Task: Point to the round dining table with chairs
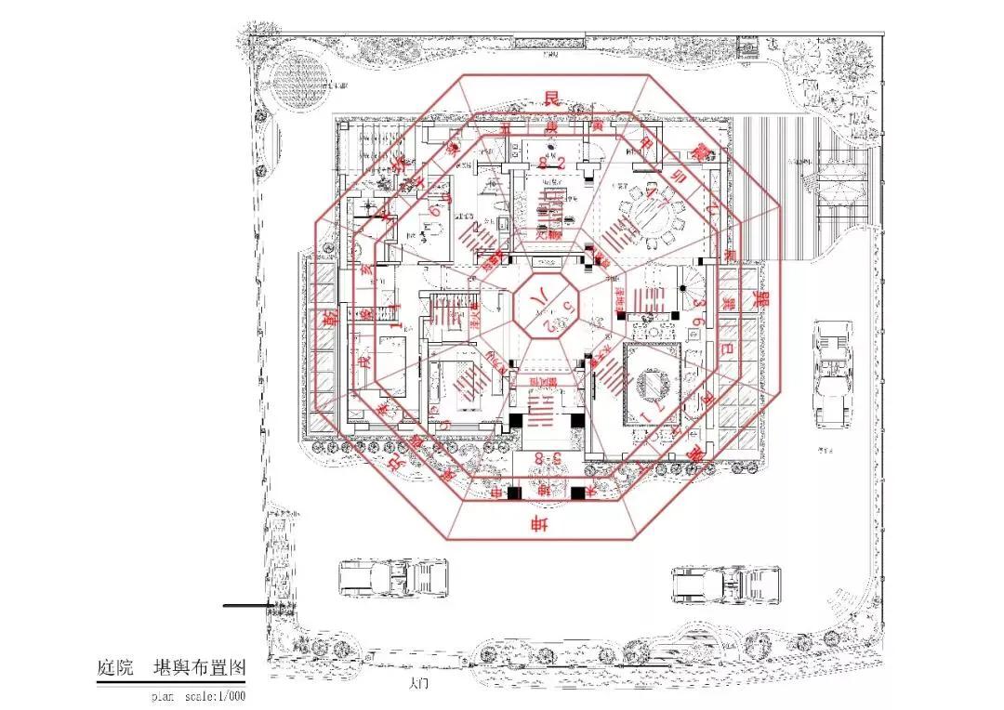point(656,214)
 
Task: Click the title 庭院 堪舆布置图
point(171,668)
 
